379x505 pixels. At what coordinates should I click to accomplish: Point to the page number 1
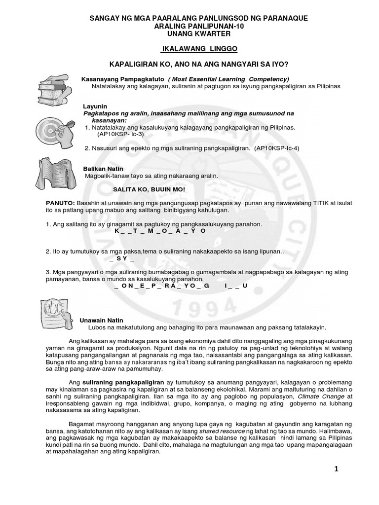[336, 469]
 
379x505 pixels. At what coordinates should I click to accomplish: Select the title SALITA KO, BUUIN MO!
[149, 189]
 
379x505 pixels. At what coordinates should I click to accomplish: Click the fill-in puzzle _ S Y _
[121, 258]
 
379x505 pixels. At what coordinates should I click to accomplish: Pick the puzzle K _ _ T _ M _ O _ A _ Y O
[159, 230]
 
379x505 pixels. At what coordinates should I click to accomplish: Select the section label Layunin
[94, 106]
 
